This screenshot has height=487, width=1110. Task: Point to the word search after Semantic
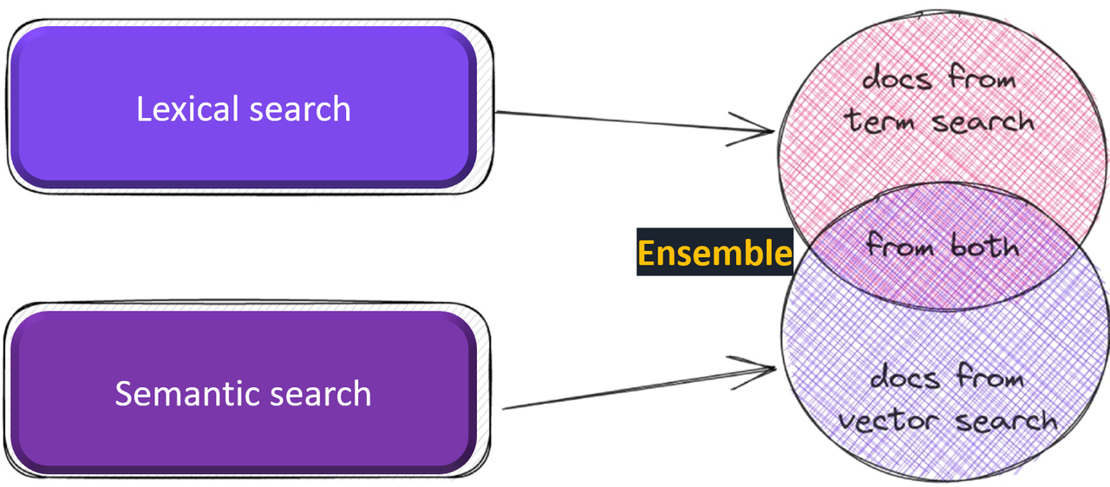(x=320, y=394)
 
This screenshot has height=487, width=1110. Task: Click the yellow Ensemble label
(x=715, y=253)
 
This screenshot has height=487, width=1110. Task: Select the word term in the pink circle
(x=879, y=121)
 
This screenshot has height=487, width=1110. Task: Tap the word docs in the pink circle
(x=896, y=79)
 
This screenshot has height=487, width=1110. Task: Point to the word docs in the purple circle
(x=904, y=378)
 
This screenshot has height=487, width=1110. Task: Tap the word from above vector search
(x=989, y=378)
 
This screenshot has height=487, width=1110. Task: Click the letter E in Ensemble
(x=646, y=253)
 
